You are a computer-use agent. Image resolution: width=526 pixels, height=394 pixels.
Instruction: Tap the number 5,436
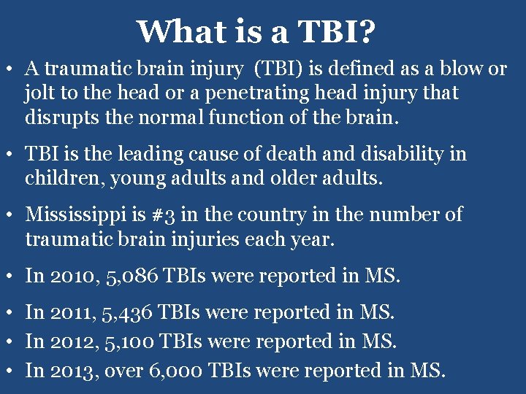point(129,313)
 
